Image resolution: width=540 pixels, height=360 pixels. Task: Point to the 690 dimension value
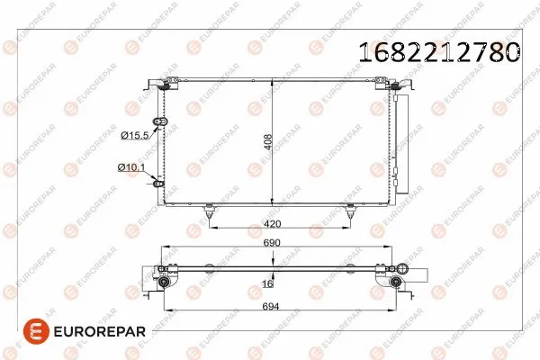pos(272,244)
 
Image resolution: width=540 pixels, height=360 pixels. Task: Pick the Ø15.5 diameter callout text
pos(133,135)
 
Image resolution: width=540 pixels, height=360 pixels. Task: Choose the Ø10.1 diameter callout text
pos(131,166)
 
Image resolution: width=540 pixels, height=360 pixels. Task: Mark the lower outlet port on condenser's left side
pos(161,183)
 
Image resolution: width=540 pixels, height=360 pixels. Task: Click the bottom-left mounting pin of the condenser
pos(210,212)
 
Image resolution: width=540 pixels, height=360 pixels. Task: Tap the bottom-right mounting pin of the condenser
pos(350,212)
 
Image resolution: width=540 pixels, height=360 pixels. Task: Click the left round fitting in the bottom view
pos(164,283)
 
